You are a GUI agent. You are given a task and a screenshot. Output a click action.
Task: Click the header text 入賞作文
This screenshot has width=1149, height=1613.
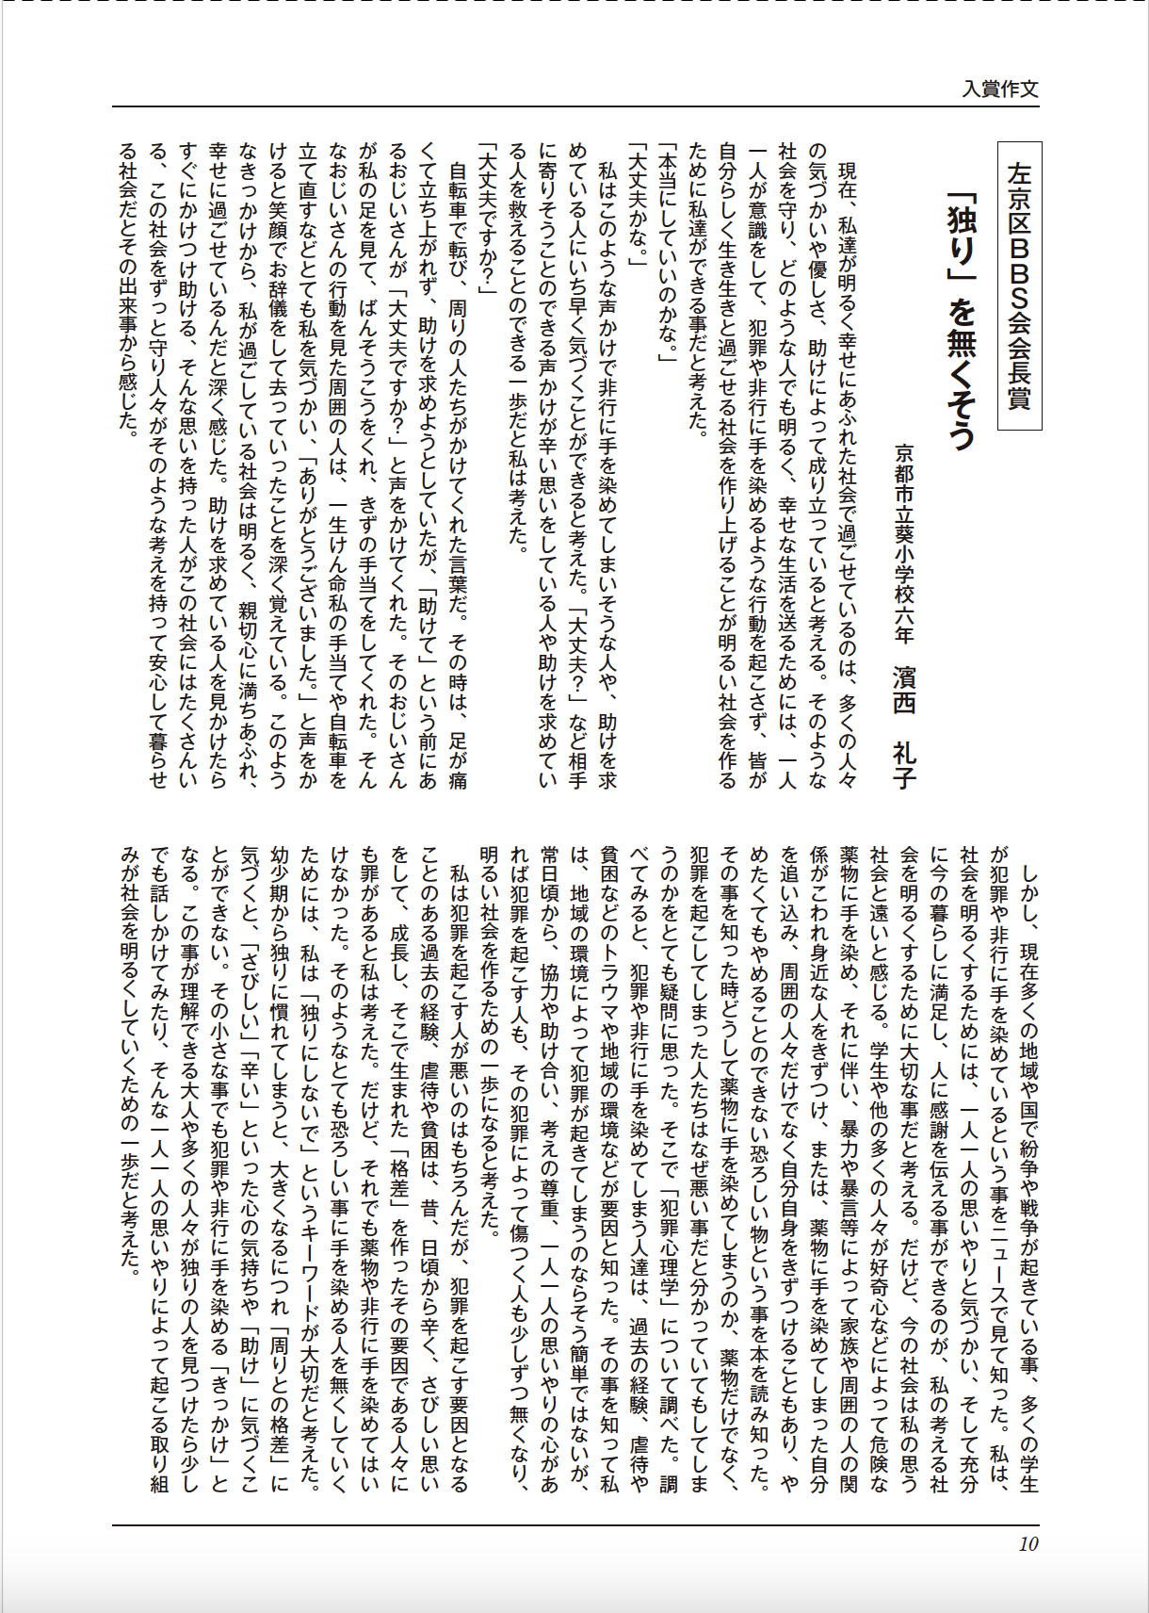(999, 90)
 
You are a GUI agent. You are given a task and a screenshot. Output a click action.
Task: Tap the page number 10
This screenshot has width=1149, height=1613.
(1028, 1543)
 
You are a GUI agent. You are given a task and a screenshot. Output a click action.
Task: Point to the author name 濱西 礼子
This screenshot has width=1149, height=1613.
(904, 725)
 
